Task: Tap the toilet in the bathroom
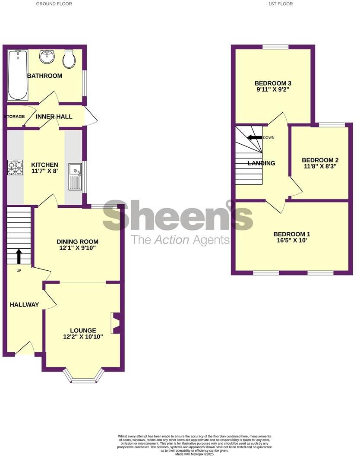[x=69, y=59]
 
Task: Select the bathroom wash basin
[x=46, y=57]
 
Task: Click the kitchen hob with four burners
[x=15, y=168]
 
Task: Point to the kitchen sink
[x=75, y=177]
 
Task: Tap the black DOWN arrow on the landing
[x=254, y=137]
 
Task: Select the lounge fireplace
[x=115, y=323]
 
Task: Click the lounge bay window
[x=84, y=379]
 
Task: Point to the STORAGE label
[x=14, y=117]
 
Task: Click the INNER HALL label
[x=54, y=117]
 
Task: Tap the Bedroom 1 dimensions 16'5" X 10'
[x=292, y=241]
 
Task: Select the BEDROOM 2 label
[x=319, y=160]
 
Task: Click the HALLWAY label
[x=24, y=304]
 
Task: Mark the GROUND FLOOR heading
[x=54, y=4]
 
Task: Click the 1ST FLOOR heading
[x=281, y=4]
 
